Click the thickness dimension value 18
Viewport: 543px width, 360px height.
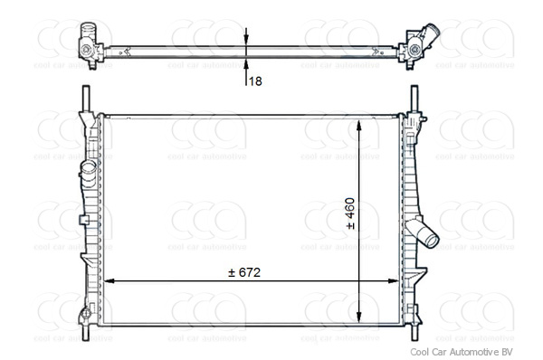pyautogui.click(x=255, y=81)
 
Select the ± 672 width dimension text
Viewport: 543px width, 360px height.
pyautogui.click(x=250, y=272)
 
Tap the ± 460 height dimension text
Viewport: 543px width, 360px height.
pyautogui.click(x=351, y=213)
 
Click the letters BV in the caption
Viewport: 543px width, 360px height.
pyautogui.click(x=506, y=351)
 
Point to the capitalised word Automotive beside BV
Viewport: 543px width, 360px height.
pyautogui.click(x=469, y=351)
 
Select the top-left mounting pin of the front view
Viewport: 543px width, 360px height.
pyautogui.click(x=86, y=97)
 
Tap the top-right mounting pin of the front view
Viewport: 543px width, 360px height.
pyautogui.click(x=414, y=97)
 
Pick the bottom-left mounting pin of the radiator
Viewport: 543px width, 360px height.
pyautogui.click(x=86, y=330)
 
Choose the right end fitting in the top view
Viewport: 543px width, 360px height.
pyautogui.click(x=415, y=43)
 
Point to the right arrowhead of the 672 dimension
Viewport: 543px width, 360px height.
pyautogui.click(x=395, y=280)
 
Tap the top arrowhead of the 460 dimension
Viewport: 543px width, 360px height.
pyautogui.click(x=361, y=124)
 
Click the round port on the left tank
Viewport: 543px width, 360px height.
pyautogui.click(x=86, y=170)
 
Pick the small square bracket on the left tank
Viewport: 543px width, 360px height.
pyautogui.click(x=84, y=220)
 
